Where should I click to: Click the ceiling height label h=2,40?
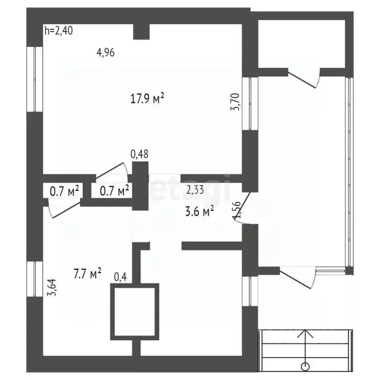59,31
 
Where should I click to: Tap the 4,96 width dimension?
105,52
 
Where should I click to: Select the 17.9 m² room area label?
147,98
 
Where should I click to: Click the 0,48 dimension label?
140,155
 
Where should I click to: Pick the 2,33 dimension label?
195,189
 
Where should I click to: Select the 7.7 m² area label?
88,273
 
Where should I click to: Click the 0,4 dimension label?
120,277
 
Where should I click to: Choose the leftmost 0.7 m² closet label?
64,190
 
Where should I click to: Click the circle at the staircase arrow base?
306,366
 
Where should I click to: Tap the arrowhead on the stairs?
306,333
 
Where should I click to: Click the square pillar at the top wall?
142,31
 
